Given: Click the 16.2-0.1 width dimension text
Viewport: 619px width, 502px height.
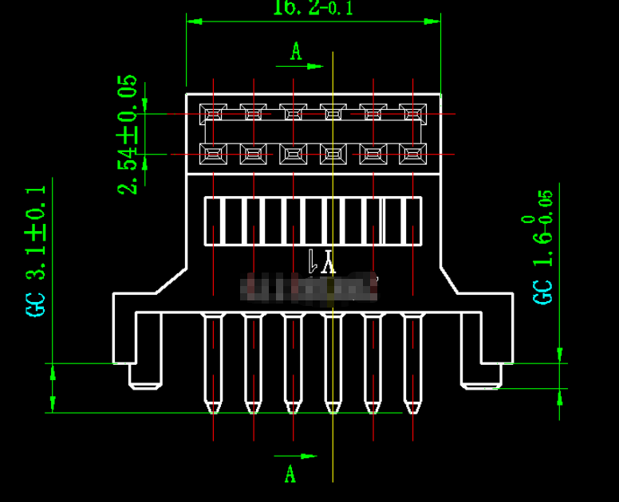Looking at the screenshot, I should (313, 8).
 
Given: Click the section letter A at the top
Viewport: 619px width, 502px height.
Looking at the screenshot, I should (296, 52).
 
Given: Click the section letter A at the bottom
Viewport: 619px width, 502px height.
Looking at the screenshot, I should (290, 474).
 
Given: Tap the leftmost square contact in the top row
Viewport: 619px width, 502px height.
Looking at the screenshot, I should (213, 114).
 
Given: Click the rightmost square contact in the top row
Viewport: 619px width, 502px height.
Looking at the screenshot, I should (412, 114).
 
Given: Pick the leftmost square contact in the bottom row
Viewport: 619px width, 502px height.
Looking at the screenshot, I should (213, 154).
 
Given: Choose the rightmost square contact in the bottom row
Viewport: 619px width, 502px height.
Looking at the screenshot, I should (412, 154).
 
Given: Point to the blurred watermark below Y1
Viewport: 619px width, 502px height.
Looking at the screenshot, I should (311, 288).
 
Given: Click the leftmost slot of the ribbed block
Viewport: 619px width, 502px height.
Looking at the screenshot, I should (213, 221).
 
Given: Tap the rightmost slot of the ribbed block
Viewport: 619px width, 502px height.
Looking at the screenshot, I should (412, 221).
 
